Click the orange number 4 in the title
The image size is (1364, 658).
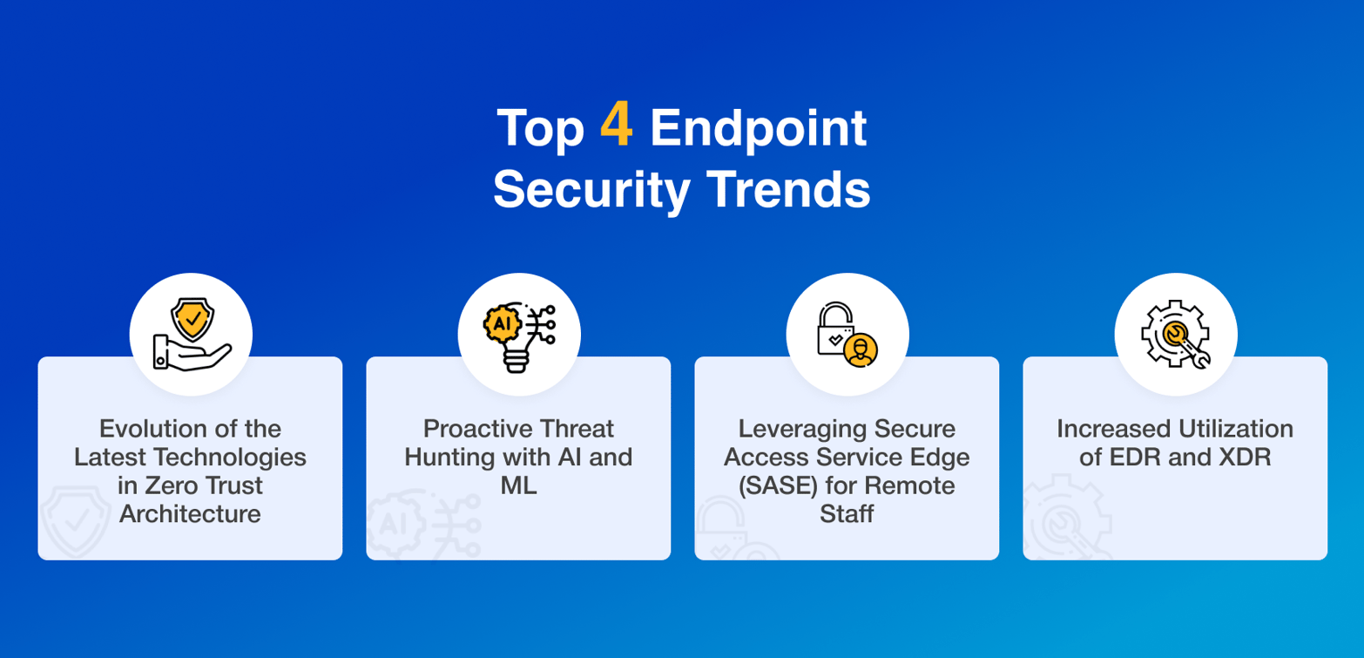(616, 129)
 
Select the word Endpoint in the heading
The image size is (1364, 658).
(759, 130)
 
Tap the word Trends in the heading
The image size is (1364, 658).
(791, 190)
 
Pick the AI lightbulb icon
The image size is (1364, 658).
(519, 335)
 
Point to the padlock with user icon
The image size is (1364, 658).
(847, 335)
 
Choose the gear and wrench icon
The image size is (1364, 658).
(1175, 335)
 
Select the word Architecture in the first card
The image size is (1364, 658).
(190, 513)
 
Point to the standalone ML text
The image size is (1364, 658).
(518, 485)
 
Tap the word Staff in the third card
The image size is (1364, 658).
(847, 513)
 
